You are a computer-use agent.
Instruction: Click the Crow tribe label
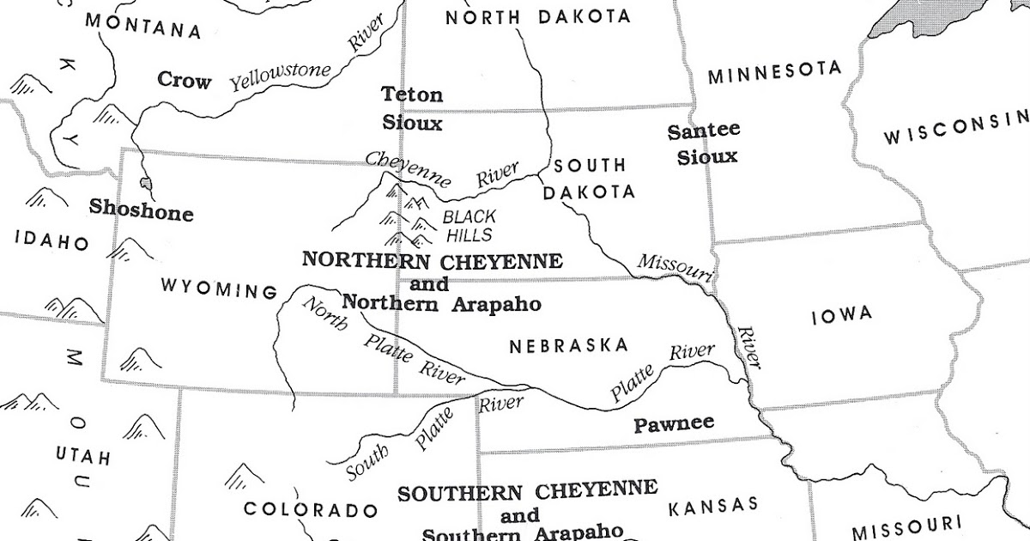click(x=184, y=81)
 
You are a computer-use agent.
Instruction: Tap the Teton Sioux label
click(x=412, y=108)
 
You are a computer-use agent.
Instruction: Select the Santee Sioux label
click(x=704, y=143)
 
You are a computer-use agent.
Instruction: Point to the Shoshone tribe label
click(x=142, y=210)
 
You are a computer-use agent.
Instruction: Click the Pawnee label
click(x=674, y=424)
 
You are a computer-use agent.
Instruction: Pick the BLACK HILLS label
click(x=469, y=226)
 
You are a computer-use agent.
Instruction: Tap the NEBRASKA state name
click(x=568, y=346)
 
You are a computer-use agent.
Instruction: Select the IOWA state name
click(x=841, y=315)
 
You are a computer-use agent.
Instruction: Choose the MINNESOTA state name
click(x=773, y=73)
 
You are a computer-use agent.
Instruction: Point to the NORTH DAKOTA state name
click(x=538, y=16)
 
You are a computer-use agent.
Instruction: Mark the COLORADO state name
click(x=311, y=509)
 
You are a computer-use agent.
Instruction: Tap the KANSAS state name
click(x=712, y=505)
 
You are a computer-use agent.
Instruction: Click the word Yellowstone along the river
click(x=281, y=76)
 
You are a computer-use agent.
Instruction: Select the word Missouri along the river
click(x=675, y=266)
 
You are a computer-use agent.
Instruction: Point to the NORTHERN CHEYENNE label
click(x=432, y=260)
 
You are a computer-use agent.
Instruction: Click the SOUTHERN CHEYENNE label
click(x=527, y=492)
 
